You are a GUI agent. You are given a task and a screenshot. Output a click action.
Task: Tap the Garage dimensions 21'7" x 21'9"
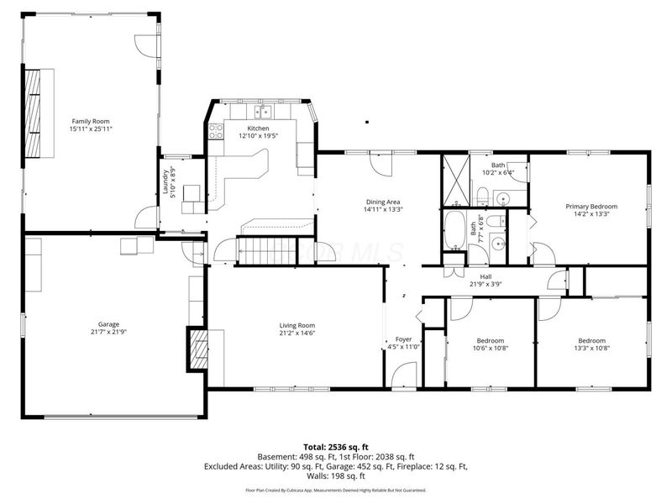[108, 333]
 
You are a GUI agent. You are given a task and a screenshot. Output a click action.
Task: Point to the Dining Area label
[383, 202]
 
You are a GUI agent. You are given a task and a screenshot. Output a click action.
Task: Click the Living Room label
[297, 325]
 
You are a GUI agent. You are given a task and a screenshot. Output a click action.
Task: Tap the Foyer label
[403, 339]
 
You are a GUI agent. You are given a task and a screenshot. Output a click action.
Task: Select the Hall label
[486, 276]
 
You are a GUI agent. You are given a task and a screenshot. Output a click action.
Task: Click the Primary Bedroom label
[591, 207]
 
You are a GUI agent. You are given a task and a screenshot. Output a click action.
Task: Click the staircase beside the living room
[267, 250]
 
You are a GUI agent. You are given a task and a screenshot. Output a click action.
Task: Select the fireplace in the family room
[33, 113]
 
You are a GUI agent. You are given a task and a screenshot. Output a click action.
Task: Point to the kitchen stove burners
[216, 130]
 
